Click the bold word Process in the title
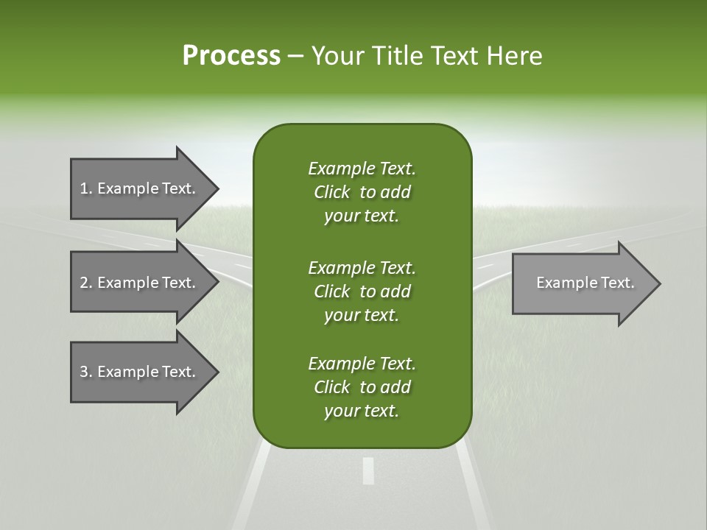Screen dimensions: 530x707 (x=231, y=56)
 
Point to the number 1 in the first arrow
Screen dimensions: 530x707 (x=84, y=188)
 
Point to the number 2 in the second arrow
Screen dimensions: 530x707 (x=84, y=283)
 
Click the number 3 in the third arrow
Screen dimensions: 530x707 (x=84, y=372)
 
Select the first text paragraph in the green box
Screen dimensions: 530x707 (x=362, y=192)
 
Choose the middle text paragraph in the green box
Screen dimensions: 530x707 (x=362, y=291)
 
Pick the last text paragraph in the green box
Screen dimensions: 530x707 (x=362, y=387)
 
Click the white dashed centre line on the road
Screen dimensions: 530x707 (x=368, y=471)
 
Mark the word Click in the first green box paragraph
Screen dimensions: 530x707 (x=331, y=193)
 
